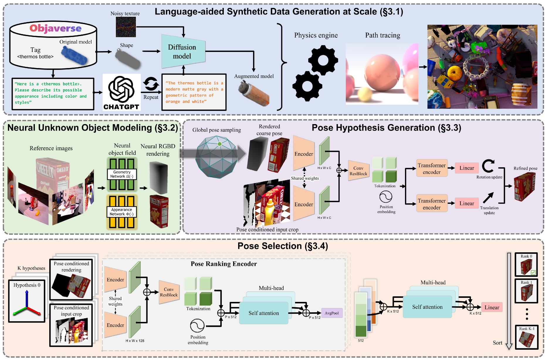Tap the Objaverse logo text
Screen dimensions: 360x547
[x=55, y=28]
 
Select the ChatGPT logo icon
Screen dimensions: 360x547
[x=121, y=89]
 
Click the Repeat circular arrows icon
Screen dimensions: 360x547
[x=151, y=84]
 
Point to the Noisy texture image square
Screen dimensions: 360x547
[x=126, y=27]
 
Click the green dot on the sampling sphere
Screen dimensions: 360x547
[x=219, y=144]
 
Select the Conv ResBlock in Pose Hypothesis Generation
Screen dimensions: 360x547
[x=358, y=171]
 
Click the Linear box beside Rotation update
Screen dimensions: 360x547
[x=467, y=168]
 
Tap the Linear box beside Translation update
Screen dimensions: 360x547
[x=467, y=203]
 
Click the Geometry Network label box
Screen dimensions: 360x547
[x=122, y=174]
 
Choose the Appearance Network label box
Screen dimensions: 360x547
[x=121, y=212]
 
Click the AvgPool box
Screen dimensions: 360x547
[x=332, y=313]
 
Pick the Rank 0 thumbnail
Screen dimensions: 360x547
[x=526, y=264]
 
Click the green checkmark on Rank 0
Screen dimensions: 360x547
[x=533, y=273]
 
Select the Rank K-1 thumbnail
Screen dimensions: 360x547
[x=526, y=337]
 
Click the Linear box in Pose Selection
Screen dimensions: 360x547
[x=492, y=307]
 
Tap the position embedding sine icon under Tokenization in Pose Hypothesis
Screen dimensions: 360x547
[x=386, y=197]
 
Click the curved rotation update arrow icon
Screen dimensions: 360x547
[x=488, y=166]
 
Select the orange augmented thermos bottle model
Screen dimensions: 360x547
[x=254, y=94]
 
